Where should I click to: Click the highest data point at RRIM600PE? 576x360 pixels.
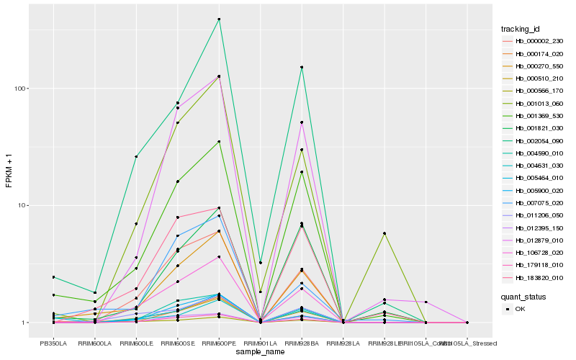point(219,19)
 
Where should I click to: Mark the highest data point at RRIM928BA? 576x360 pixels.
point(302,67)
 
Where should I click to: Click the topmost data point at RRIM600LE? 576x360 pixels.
point(136,156)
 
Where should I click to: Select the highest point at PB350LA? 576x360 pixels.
point(53,277)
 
